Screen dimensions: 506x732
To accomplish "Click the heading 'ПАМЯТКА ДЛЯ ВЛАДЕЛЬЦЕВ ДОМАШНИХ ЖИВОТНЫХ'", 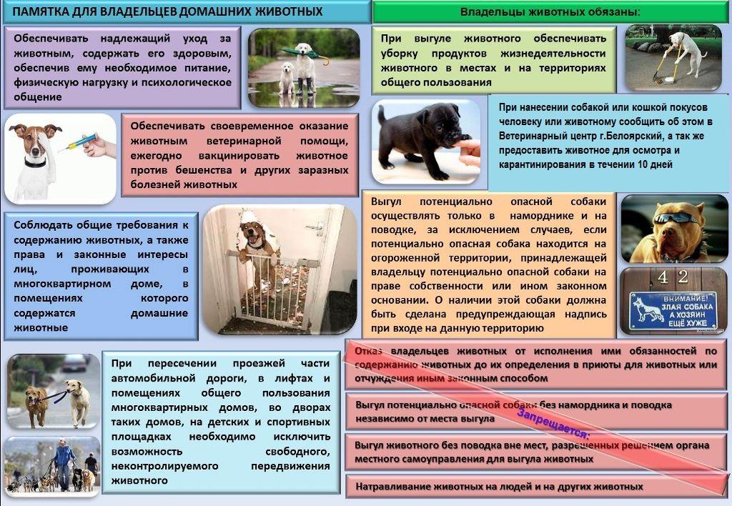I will [168, 12].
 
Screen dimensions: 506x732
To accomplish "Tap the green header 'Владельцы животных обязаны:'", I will [550, 12].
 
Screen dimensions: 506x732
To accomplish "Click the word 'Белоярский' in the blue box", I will [643, 136].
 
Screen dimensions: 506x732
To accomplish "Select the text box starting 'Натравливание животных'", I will [535, 487].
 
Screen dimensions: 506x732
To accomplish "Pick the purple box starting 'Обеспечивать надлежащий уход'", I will [122, 67].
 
